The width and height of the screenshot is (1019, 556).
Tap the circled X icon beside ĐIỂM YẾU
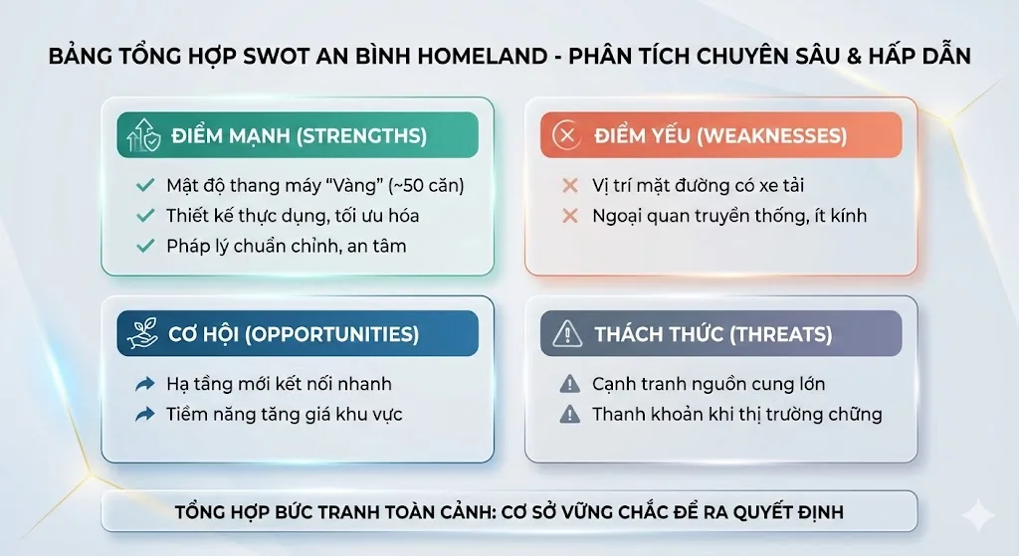coord(567,136)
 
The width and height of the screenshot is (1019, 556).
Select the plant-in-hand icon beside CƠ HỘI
coord(143,334)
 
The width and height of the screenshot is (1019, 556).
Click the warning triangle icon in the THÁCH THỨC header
coord(567,334)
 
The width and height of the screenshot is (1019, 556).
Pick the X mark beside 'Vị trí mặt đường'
coord(569,185)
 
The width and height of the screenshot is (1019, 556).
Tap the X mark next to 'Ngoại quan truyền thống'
coord(569,215)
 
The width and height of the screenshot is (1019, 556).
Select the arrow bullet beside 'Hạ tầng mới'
coord(144,384)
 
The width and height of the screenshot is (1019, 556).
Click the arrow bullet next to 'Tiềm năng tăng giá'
coord(144,414)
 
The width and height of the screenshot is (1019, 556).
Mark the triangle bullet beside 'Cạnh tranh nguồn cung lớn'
coord(569,384)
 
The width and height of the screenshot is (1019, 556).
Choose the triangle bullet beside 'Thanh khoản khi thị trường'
coord(569,414)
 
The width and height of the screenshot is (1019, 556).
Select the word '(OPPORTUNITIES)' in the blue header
coord(333,334)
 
